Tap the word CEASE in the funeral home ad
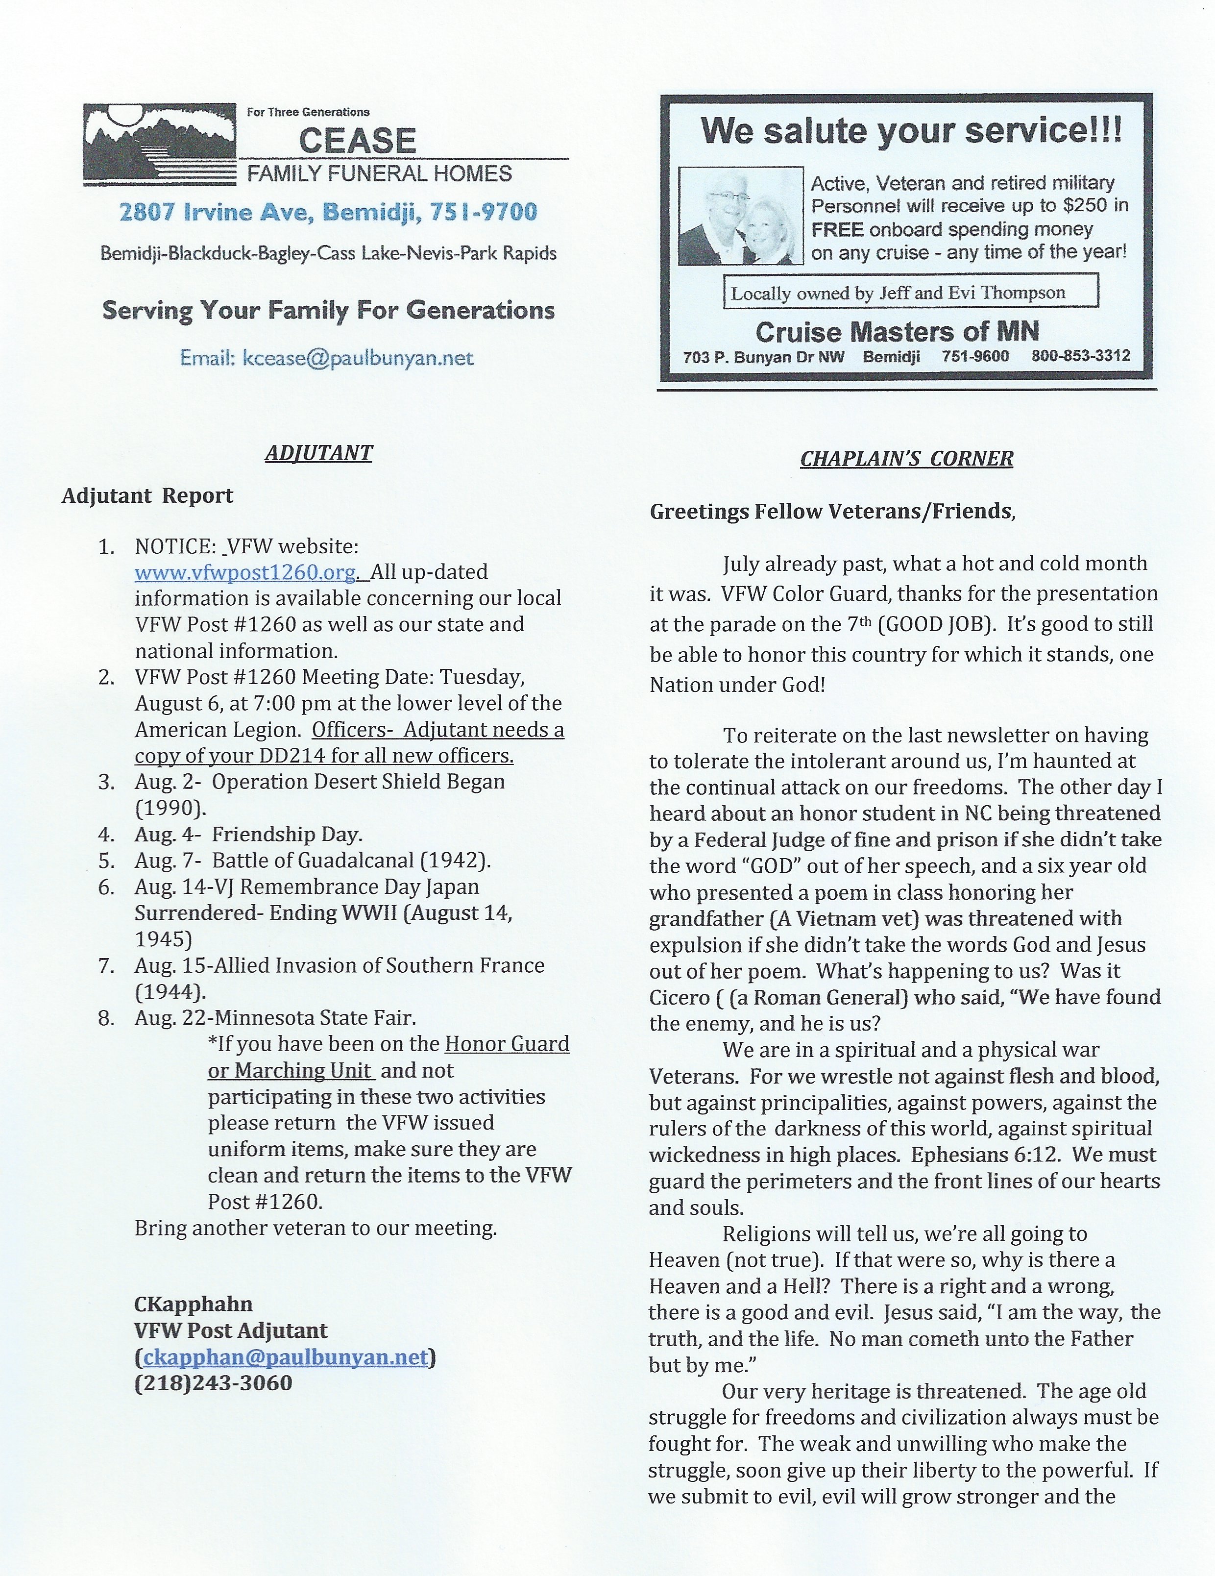click(x=357, y=141)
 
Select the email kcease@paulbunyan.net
click(x=327, y=358)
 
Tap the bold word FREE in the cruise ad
click(x=837, y=229)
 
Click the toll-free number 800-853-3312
click(x=1080, y=356)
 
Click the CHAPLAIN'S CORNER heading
click(x=906, y=458)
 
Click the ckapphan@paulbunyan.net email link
click(x=286, y=1357)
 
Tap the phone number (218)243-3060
click(x=214, y=1383)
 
